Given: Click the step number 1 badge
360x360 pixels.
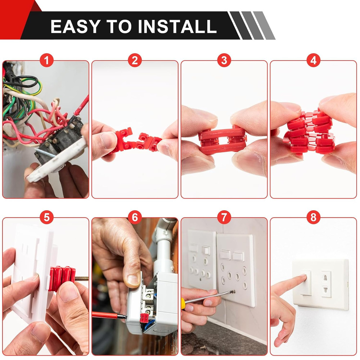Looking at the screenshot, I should coord(46,60).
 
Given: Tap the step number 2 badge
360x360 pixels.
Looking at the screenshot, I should coord(135,60).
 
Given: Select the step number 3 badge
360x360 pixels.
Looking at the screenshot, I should coord(224,60).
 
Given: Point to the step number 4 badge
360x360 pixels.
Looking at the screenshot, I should coord(313,60).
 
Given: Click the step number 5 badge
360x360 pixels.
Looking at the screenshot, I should coord(46,217).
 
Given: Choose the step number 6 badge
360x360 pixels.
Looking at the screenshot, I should coord(135,217).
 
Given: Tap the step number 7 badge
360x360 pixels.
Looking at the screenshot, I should coord(224,217).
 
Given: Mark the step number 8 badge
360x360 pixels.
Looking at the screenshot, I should coord(313,217).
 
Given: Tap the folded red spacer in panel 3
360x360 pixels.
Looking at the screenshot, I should coord(222,140).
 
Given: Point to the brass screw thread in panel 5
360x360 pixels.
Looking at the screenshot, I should coord(82,278).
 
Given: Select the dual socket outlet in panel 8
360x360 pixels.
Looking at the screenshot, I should coord(326,284).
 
